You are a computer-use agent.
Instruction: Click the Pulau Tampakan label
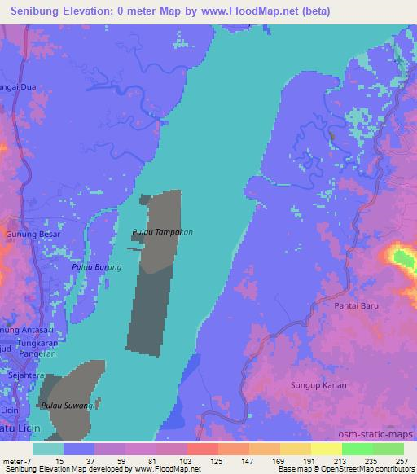coord(162,233)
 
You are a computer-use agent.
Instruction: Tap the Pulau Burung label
coord(95,267)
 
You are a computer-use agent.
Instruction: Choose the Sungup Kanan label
coord(318,384)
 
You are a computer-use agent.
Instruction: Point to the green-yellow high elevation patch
coord(402,261)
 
